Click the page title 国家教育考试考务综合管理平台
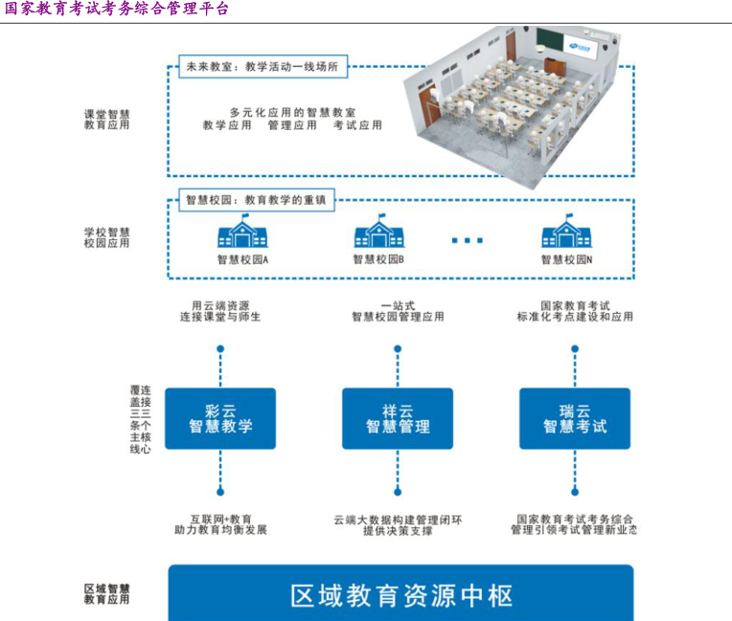pos(117,10)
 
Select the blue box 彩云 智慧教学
pos(220,418)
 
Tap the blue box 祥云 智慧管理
pos(398,418)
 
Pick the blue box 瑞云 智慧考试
pos(575,418)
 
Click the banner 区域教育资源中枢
pos(401,595)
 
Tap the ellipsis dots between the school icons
pos(468,240)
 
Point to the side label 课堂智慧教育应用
pos(106,119)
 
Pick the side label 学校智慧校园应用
pos(106,237)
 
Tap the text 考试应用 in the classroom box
pos(357,125)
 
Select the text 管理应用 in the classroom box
pos(292,125)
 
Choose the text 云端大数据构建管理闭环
pos(398,520)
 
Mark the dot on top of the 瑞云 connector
pos(575,349)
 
